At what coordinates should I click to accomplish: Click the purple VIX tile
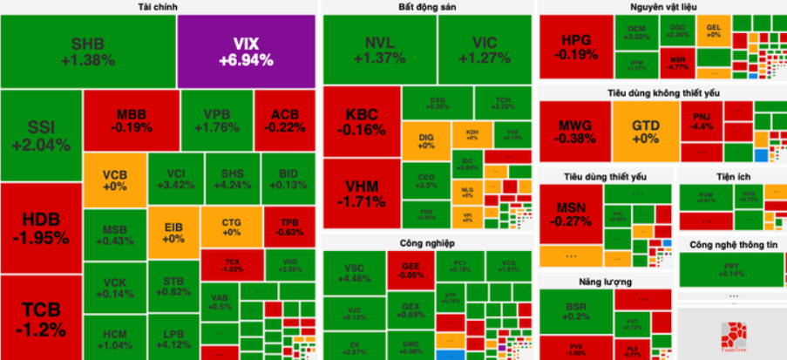point(247,51)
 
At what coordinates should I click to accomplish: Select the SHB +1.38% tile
point(88,51)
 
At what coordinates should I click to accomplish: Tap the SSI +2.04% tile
point(41,136)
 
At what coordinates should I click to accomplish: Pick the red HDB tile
point(41,229)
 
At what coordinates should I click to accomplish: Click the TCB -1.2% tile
point(41,319)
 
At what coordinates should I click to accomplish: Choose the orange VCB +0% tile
point(114,180)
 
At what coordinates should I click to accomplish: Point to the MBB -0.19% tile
point(130,120)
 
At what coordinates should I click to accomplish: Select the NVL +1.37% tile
point(379,51)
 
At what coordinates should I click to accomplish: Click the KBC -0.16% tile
point(362,122)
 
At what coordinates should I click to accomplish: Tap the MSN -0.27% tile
point(574,214)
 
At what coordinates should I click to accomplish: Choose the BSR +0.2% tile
point(575,313)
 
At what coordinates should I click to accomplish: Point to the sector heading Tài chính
point(159,7)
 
